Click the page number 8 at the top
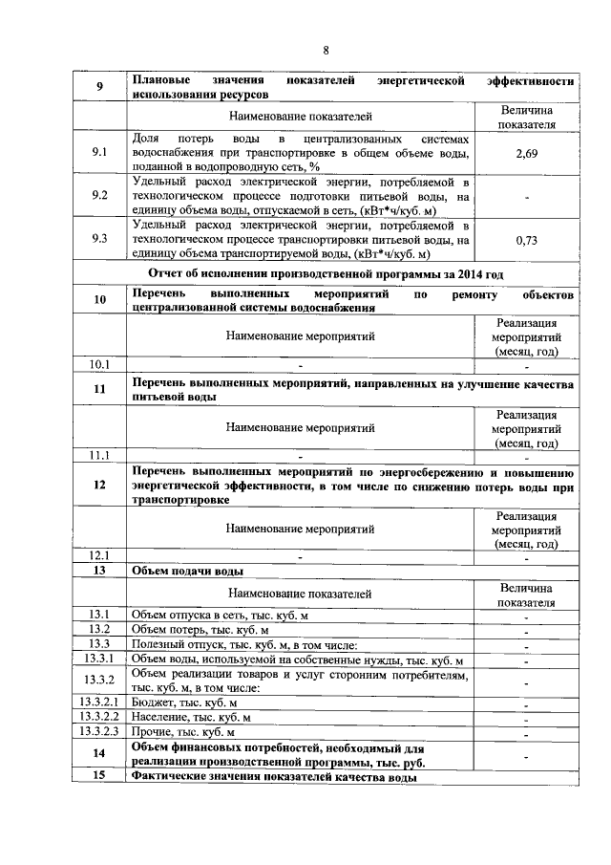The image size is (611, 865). (326, 50)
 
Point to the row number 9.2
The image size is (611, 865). (99, 197)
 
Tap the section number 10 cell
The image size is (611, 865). (99, 301)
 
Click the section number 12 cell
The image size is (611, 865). (99, 486)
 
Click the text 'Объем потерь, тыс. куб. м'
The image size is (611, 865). (200, 630)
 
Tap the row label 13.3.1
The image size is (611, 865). (99, 660)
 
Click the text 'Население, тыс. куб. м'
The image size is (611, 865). (191, 717)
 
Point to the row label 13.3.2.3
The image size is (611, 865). (99, 731)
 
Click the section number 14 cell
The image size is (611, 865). (99, 754)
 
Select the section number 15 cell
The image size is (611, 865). (99, 777)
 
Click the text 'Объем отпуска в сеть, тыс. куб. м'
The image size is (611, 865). (221, 615)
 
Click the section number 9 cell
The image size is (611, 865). (99, 88)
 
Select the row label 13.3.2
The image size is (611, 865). (99, 681)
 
